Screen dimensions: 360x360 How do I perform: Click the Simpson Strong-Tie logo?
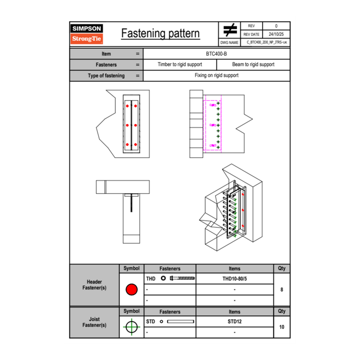(87, 34)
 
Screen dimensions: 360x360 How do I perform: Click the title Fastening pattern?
(160, 33)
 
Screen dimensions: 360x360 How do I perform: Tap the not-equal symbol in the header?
(230, 30)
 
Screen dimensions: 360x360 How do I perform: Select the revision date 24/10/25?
(276, 34)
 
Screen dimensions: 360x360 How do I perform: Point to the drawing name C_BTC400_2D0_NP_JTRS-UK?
(267, 42)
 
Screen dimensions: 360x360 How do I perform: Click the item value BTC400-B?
(216, 54)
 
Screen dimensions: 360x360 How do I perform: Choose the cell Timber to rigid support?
(180, 65)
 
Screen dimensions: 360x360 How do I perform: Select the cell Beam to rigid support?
(253, 65)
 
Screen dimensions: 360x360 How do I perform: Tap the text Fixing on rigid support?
(216, 75)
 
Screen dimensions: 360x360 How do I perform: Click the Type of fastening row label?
(106, 76)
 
